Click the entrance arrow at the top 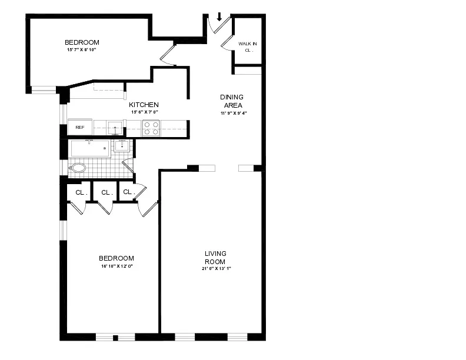point(219,16)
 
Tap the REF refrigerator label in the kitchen point(79,127)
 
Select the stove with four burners point(151,128)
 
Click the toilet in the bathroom point(78,168)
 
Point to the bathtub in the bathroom point(89,148)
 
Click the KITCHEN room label point(144,105)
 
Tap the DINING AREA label point(232,101)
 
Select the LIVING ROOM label point(215,258)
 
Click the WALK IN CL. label point(247,47)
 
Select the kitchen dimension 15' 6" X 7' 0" point(144,112)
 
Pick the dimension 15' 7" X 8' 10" point(82,51)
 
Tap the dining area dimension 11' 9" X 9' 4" point(232,113)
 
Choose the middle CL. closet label point(106,192)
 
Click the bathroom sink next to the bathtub point(122,145)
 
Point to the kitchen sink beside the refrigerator point(115,128)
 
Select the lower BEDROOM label point(116,258)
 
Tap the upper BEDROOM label point(82,42)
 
